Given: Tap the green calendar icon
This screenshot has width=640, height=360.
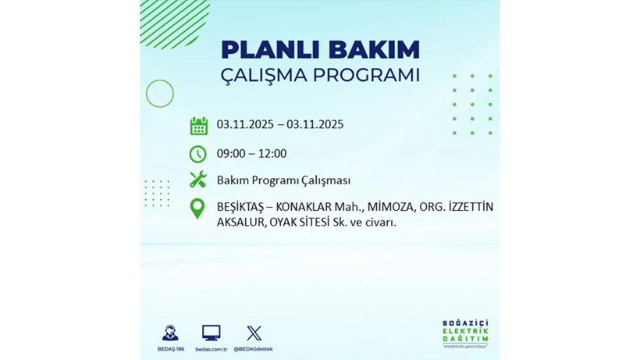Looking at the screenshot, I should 198,126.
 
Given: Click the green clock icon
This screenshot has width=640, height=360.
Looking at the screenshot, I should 198,154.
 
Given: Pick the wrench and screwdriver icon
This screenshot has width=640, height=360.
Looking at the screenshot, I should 198,180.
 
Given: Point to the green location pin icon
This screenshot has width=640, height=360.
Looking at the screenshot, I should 197,209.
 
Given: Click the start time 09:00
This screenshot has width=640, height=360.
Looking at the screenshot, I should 231,154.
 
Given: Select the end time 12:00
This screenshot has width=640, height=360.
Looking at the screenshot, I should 272,154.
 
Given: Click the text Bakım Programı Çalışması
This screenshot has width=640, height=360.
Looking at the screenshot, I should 283,180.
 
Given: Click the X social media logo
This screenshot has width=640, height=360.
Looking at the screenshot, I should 254,333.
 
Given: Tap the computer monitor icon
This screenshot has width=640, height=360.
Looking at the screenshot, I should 211,333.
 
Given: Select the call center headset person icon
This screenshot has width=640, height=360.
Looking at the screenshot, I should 170,333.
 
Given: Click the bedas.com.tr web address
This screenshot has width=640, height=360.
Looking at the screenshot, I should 211,348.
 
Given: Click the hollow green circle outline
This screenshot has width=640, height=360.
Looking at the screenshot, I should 160,94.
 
